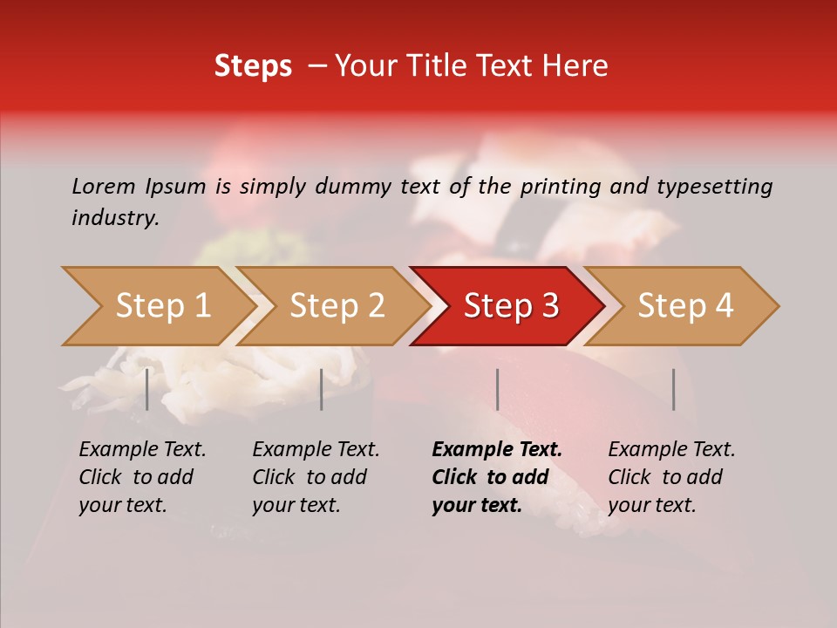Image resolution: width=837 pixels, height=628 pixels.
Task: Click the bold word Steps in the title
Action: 253,66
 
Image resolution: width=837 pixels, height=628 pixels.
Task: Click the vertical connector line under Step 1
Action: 147,389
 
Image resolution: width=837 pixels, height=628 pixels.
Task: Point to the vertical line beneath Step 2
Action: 322,389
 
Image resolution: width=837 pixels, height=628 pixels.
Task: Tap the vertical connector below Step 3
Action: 497,389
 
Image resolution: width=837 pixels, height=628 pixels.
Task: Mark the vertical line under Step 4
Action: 673,389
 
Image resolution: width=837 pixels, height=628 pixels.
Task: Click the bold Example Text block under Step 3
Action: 497,477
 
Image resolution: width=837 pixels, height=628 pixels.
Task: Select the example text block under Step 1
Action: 142,477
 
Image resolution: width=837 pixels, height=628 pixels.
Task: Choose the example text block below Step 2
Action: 316,477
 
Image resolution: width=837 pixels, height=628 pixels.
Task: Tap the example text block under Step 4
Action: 671,477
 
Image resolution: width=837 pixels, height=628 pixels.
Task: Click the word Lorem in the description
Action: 103,186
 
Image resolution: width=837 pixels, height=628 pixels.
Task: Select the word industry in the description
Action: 114,218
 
